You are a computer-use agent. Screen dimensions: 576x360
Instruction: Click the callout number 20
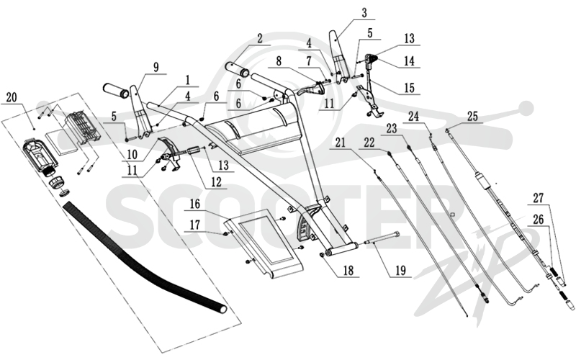click(12, 98)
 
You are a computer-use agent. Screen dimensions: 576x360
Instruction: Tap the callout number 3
click(364, 13)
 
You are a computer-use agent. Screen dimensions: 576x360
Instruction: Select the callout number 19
click(401, 271)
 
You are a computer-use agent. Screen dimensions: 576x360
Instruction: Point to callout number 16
click(195, 204)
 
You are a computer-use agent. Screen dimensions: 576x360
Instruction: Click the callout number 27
click(539, 199)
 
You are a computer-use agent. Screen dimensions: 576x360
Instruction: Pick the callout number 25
click(472, 117)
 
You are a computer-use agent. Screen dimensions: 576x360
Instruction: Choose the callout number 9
click(156, 68)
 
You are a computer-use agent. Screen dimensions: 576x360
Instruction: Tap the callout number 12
click(217, 182)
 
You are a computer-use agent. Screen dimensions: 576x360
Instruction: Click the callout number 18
click(348, 271)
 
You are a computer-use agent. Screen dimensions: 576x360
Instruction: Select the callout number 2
click(260, 39)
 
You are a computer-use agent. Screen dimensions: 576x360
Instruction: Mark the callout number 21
click(340, 143)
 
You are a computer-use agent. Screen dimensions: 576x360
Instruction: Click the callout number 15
click(409, 88)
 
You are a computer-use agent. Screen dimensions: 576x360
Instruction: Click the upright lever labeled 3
click(339, 55)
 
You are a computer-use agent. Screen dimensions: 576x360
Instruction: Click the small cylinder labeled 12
click(195, 151)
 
